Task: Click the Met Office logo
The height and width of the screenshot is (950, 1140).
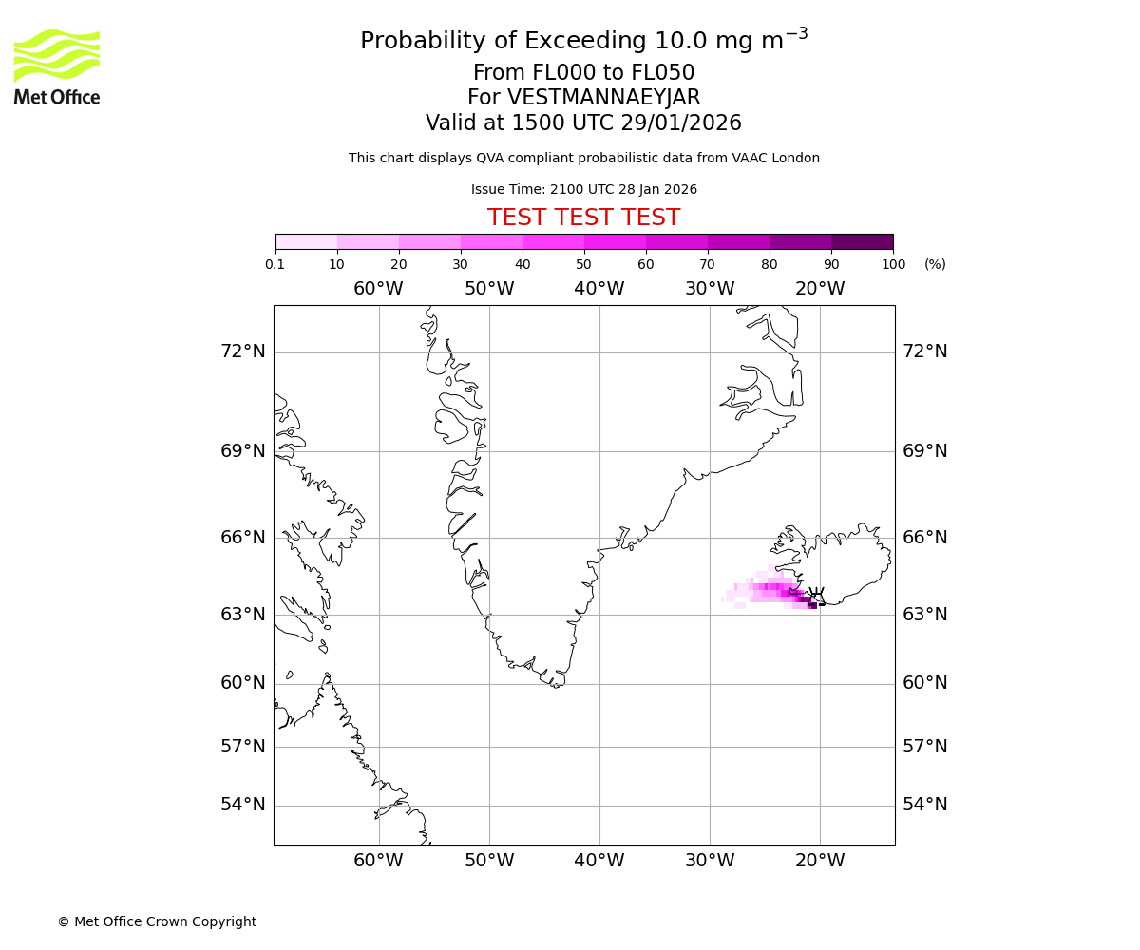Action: coord(57,66)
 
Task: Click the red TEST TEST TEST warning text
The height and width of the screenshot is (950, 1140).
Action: coord(583,218)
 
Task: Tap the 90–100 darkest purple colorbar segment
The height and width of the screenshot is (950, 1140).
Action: coord(862,241)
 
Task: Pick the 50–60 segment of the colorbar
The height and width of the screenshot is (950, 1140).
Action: coord(615,241)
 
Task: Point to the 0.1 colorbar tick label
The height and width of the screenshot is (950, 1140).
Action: coord(275,264)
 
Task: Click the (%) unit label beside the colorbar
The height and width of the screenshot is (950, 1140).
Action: coord(935,264)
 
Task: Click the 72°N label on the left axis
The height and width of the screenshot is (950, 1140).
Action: coord(243,351)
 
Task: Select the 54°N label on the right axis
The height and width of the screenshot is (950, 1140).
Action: coord(924,805)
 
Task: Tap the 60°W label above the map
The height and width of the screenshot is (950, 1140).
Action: coord(378,289)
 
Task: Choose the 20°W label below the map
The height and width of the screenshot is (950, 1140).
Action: coord(820,861)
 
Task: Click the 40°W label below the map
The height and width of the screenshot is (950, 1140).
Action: coord(598,861)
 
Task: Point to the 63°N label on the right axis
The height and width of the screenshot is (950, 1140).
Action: coord(924,615)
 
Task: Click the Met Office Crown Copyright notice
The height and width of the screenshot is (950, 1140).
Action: coord(157,921)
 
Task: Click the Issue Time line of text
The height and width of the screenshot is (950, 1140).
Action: coord(583,189)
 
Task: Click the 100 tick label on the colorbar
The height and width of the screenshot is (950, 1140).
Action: coord(893,264)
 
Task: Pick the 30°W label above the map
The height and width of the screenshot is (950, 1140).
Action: coord(709,289)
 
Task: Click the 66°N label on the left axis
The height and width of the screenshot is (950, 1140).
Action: coord(243,538)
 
